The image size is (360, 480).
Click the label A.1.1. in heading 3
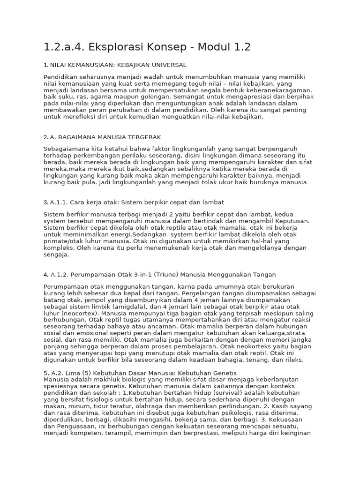pyautogui.click(x=60, y=202)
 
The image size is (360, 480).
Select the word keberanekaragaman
pyautogui.click(x=277, y=90)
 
